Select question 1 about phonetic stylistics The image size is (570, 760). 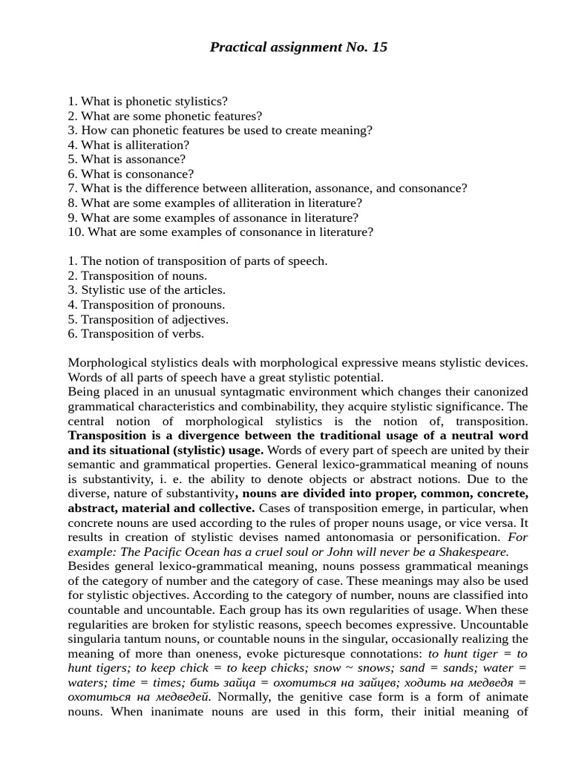tap(148, 102)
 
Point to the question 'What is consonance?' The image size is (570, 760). tap(131, 174)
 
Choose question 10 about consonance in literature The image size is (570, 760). tap(220, 232)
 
